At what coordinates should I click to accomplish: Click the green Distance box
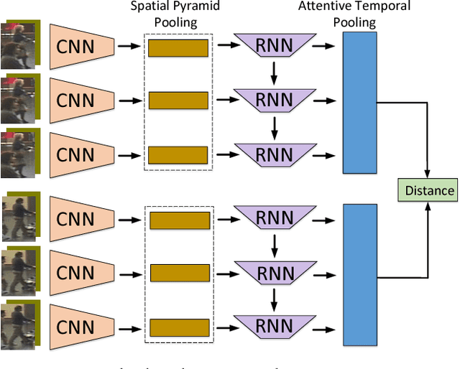(428, 190)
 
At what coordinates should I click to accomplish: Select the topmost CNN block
(81, 46)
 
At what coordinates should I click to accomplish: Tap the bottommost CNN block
(81, 327)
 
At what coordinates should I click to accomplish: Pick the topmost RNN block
(275, 46)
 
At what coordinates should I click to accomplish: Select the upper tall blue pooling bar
(360, 103)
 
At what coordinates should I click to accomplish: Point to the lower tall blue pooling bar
(360, 275)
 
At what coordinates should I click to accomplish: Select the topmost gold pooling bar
(178, 48)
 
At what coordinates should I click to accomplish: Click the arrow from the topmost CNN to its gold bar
(129, 47)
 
